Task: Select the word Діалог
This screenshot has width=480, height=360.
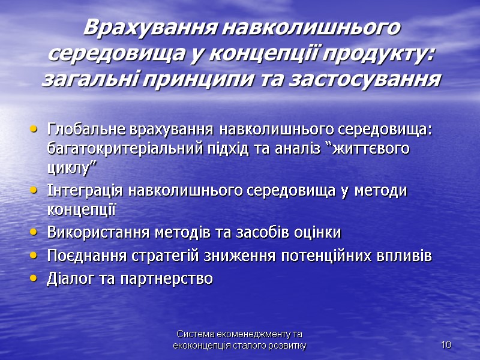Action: (65, 278)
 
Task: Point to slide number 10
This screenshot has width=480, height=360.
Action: (445, 344)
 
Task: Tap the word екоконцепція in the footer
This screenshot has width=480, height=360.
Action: (198, 346)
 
